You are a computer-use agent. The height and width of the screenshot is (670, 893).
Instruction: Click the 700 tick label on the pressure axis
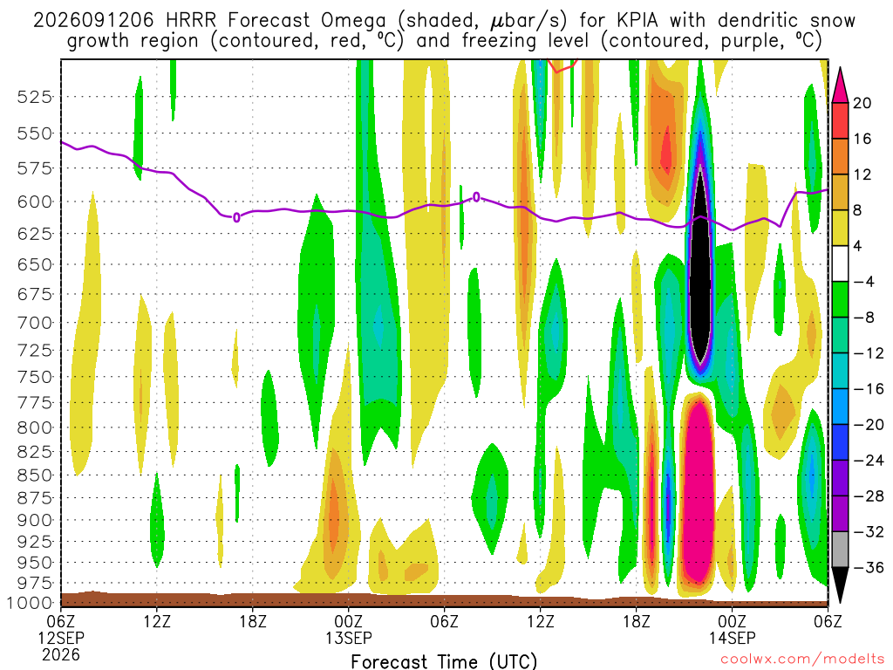click(35, 323)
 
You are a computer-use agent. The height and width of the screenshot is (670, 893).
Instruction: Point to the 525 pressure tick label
click(35, 97)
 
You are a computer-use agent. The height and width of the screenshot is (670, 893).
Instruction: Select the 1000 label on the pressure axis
click(31, 604)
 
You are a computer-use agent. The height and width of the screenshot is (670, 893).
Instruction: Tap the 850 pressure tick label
click(35, 475)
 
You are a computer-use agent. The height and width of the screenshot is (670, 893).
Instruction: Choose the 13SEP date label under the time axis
click(349, 638)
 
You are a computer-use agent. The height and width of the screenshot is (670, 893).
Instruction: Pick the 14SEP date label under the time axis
click(733, 638)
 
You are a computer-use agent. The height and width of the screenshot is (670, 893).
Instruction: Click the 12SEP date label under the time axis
click(61, 638)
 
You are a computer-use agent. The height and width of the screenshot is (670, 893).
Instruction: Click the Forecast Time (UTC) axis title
click(444, 661)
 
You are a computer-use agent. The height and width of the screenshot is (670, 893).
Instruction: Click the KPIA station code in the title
click(635, 21)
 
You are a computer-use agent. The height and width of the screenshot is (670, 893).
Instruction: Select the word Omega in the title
click(354, 22)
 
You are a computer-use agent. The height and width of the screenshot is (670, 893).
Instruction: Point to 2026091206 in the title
click(93, 21)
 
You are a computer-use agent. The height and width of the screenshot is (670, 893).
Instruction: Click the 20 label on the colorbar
click(862, 103)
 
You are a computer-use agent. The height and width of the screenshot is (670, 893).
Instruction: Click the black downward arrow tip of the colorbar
click(840, 603)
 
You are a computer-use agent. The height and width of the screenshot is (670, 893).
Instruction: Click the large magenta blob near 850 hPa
click(697, 490)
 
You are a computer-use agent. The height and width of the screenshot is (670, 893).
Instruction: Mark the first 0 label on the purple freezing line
click(236, 217)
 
